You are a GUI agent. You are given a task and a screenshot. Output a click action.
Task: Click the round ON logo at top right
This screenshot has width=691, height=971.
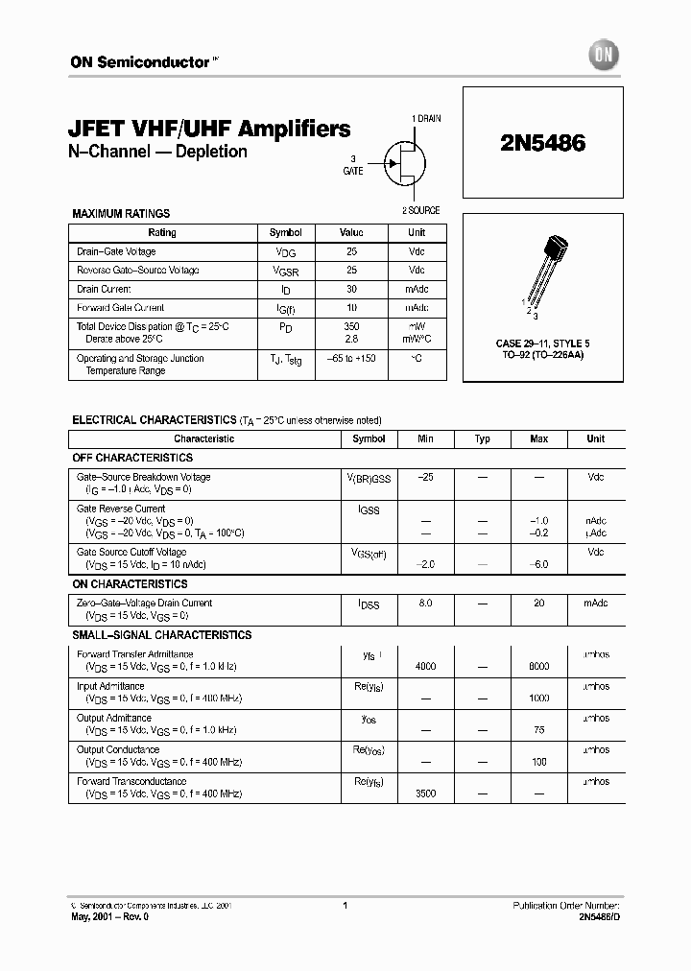coord(607,57)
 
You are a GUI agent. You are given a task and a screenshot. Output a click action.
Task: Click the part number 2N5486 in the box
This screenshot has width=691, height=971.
coord(542,143)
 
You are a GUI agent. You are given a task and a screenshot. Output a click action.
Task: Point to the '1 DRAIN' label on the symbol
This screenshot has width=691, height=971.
coord(426,118)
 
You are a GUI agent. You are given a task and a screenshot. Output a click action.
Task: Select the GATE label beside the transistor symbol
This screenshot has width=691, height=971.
coord(353,171)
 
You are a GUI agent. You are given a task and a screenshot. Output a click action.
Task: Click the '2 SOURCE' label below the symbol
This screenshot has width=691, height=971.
coord(421,210)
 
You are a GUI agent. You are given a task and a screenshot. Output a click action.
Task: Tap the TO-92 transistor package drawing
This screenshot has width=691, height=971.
coord(544,272)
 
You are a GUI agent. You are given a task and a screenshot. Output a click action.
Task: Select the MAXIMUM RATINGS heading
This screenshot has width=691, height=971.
coord(122,214)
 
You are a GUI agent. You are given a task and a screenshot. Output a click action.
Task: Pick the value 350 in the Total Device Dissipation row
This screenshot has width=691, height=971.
coord(351,327)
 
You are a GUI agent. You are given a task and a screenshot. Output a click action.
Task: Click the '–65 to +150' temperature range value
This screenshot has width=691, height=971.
coord(351,358)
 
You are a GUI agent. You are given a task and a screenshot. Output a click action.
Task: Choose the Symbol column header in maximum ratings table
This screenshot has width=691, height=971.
coord(285,233)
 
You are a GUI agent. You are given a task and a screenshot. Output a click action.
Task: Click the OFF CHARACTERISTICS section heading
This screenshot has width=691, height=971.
coord(133,458)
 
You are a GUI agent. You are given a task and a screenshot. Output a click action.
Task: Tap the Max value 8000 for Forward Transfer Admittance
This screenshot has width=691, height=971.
coord(538,666)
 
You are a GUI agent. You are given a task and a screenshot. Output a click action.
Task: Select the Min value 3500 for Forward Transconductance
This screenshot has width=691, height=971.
coord(426,793)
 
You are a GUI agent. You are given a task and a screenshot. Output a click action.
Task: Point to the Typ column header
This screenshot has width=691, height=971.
coord(483,438)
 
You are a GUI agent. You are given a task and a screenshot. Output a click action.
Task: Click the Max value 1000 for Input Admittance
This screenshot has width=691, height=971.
coord(538,698)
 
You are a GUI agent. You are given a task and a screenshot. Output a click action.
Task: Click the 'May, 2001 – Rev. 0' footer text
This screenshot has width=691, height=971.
coord(109,917)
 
